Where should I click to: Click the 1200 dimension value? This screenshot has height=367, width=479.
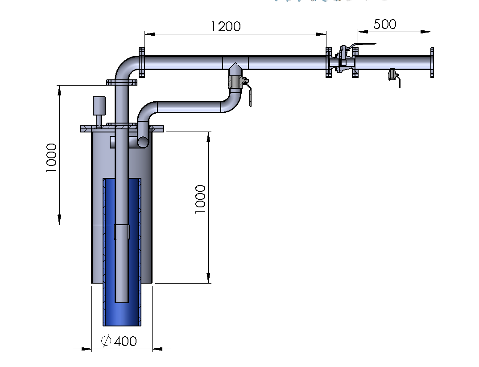[x=226, y=27]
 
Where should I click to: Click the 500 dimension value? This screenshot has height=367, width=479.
[x=385, y=24]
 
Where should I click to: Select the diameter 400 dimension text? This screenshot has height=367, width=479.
[x=119, y=341]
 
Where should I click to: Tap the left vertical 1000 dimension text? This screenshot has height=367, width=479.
[x=51, y=158]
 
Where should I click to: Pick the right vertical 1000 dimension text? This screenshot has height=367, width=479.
[x=200, y=199]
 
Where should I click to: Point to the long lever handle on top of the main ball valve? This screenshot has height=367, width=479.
[x=362, y=45]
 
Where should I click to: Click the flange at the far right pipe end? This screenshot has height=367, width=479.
[x=432, y=62]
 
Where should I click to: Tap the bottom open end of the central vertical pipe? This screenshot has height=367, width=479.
[x=122, y=302]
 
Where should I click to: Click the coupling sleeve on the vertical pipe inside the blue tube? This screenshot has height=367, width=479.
[x=122, y=232]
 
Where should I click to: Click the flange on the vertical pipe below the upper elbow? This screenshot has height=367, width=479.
[x=122, y=82]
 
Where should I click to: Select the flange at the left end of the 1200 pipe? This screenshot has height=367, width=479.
[x=142, y=62]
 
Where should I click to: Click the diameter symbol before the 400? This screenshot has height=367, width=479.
[x=106, y=341]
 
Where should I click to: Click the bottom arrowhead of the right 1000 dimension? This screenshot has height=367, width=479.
[x=208, y=278]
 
